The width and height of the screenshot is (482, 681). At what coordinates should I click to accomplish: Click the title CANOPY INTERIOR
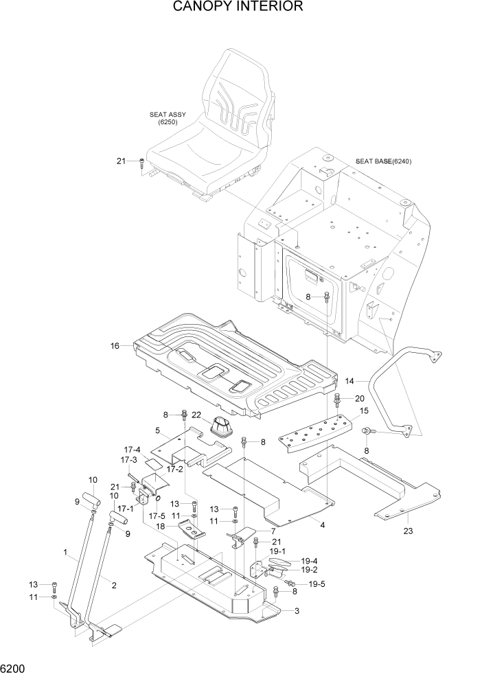238,8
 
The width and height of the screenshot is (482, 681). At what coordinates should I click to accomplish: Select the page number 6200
14,668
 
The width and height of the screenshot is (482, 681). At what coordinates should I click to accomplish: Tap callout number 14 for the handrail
350,380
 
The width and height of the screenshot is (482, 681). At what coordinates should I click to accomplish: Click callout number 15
364,411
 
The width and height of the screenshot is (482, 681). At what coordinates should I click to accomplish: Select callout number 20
360,398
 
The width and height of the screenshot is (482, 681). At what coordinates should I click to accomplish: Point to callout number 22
196,414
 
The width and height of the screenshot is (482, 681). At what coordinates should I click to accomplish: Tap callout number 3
297,610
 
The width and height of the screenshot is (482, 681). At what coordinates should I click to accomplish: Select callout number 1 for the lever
65,552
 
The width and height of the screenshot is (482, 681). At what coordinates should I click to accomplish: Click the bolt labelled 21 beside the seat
142,163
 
